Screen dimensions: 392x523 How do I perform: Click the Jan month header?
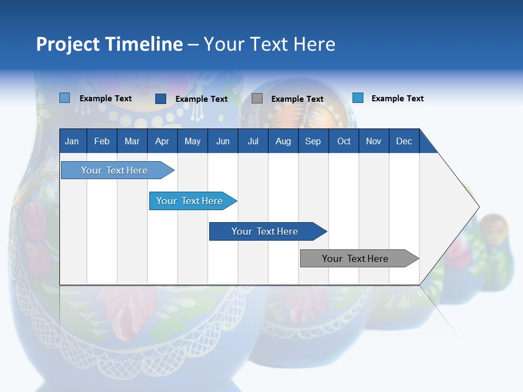coord(72,141)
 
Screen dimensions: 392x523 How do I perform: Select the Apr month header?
coord(162,141)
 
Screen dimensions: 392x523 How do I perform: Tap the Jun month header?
coord(223,141)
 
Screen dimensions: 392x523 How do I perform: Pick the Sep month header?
coord(313,141)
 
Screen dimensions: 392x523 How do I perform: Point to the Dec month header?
coord(404,141)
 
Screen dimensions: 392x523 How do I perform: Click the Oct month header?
coord(344,141)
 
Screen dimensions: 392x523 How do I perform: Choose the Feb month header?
coord(102,141)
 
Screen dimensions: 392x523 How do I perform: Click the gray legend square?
coord(257,99)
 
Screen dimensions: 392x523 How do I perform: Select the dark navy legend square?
coord(161,99)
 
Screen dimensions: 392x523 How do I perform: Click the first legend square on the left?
coord(65,98)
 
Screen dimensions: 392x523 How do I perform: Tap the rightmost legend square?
coord(358,98)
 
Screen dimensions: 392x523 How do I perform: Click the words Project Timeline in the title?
coord(110,44)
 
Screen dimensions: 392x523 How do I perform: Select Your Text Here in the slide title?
coord(270,44)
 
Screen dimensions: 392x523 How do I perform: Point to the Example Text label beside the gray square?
coord(297,99)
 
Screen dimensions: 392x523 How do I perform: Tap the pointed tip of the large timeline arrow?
coord(478,207)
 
